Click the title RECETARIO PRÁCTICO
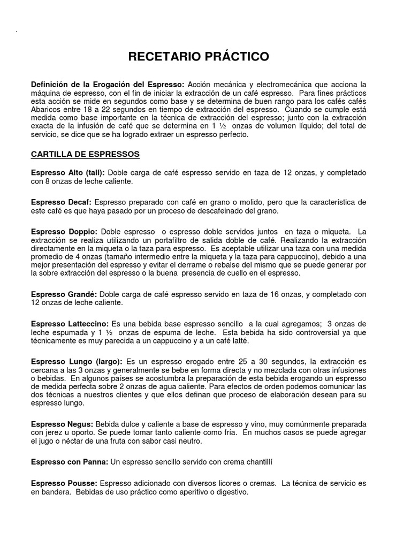(205, 57)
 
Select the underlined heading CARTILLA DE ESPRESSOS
(85, 154)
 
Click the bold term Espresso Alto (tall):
(68, 173)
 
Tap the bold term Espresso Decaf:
(62, 202)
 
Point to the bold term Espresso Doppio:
(64, 232)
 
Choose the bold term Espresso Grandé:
(64, 294)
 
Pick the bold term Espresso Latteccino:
(70, 324)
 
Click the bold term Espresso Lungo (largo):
(77, 362)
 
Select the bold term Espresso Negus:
(63, 424)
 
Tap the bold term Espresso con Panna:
(70, 461)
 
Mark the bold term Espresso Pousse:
(64, 483)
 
